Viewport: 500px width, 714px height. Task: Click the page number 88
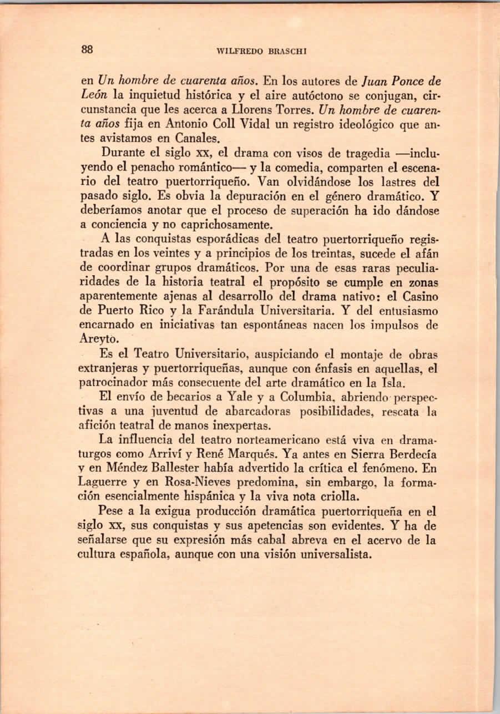tap(87, 49)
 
